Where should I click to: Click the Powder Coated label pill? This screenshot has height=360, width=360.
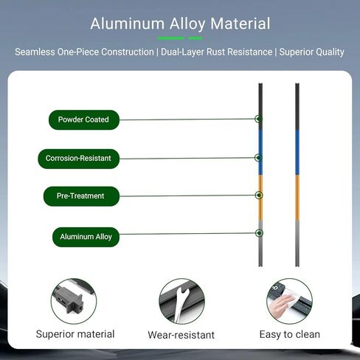84,120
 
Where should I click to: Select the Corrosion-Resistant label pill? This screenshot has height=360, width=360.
79,159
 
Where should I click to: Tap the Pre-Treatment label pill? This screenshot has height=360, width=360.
81,196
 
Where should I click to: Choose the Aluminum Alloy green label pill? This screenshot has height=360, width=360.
86,237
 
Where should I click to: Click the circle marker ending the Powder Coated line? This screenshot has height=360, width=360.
258,119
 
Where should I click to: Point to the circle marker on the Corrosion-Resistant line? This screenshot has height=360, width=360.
258,158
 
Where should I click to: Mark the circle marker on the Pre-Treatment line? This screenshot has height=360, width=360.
259,195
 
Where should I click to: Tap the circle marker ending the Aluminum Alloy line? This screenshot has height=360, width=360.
259,233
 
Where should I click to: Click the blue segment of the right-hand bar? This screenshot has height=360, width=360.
297,153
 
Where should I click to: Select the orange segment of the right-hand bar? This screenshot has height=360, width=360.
297,198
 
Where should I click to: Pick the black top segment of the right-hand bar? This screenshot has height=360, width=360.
297,106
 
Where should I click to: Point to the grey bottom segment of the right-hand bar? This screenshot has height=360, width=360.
297,243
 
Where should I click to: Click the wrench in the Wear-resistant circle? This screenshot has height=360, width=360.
181,304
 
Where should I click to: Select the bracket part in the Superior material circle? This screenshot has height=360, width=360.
69,300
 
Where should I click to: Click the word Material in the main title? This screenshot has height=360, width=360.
240,24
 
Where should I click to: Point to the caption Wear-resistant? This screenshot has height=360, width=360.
181,335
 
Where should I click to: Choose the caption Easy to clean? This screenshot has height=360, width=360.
290,334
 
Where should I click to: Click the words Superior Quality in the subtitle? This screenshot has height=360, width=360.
311,52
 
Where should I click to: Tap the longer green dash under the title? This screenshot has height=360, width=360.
170,38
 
